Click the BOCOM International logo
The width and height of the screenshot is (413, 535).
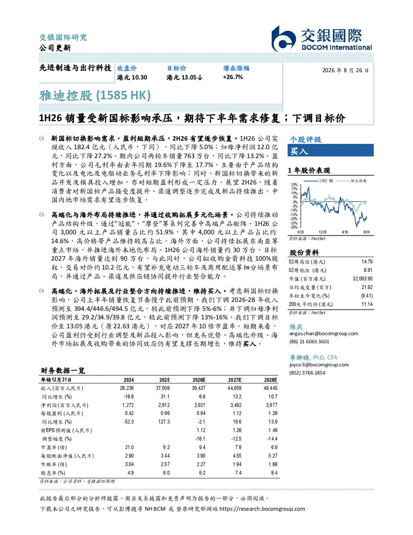(x=322, y=39)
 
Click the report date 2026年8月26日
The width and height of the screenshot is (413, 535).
(x=345, y=71)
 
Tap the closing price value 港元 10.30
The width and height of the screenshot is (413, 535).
(x=132, y=77)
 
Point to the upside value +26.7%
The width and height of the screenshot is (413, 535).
(x=233, y=77)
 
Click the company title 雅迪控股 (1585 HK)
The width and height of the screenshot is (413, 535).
(x=95, y=96)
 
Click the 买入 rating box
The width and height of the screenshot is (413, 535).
(x=330, y=150)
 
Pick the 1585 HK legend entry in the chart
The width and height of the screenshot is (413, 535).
(x=319, y=181)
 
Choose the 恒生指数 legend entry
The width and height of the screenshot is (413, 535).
(x=351, y=181)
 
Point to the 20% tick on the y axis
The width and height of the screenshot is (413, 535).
(x=294, y=185)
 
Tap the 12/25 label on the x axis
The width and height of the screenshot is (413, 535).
(x=322, y=232)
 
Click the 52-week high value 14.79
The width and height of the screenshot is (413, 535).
(x=367, y=262)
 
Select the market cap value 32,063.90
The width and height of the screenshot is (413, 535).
(x=362, y=279)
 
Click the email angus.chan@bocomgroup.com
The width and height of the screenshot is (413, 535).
(x=324, y=334)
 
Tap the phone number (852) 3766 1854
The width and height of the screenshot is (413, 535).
(x=307, y=373)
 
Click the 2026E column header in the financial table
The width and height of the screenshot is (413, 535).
(x=199, y=380)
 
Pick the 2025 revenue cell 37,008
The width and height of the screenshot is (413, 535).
(x=163, y=388)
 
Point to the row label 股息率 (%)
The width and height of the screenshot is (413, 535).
(x=53, y=473)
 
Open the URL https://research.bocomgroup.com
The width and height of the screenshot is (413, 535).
(x=262, y=509)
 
